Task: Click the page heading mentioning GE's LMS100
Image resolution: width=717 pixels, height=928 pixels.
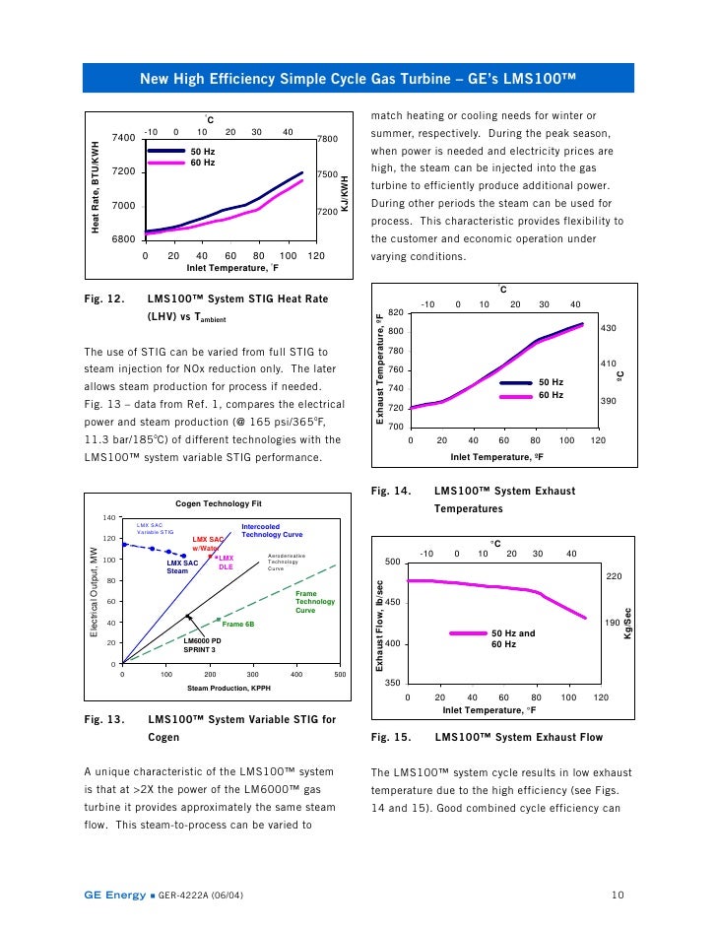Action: (x=358, y=78)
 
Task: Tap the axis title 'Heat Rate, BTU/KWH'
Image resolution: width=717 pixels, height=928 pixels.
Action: (x=96, y=188)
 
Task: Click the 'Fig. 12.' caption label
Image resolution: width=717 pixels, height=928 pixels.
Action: (x=102, y=298)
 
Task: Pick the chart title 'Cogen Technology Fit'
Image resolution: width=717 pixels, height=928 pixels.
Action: (x=219, y=502)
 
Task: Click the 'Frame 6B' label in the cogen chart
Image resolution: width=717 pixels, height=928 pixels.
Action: (x=238, y=624)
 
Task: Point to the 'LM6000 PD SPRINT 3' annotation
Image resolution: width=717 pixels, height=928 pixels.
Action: (x=203, y=645)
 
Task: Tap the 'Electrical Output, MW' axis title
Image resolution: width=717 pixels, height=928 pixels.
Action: (x=95, y=592)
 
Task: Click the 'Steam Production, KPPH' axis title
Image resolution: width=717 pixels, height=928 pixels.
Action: (x=229, y=687)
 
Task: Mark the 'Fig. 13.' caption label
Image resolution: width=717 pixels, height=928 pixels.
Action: (x=102, y=720)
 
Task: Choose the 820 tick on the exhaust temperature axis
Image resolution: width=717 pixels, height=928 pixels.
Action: (x=395, y=311)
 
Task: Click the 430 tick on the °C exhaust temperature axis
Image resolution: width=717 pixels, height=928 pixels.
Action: (x=608, y=328)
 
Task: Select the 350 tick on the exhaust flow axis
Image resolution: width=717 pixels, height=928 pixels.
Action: (x=392, y=683)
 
